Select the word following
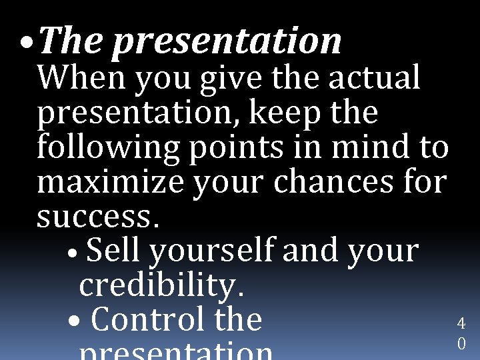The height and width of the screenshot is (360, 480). tap(108, 148)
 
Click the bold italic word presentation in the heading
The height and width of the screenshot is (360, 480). tap(227, 41)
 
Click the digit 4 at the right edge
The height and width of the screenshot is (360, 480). tap(461, 324)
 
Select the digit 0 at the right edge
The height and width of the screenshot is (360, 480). tap(461, 344)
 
